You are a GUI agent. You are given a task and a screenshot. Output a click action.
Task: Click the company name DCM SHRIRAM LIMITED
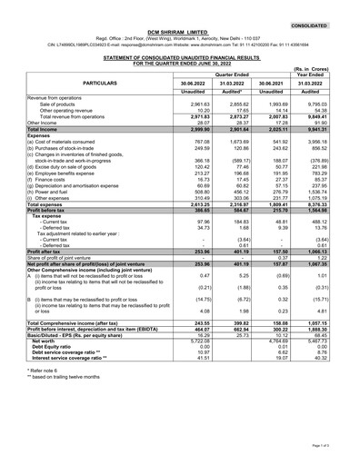tap(179, 30)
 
